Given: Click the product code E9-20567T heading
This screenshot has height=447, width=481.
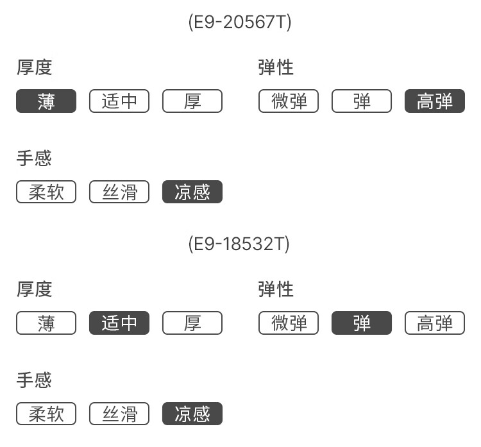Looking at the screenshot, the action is click(240, 22).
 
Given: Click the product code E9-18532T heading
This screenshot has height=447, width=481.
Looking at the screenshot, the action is click(239, 244).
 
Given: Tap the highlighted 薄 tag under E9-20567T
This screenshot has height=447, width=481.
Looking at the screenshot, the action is click(46, 101).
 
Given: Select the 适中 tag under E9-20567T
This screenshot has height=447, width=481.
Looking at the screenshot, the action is click(119, 101).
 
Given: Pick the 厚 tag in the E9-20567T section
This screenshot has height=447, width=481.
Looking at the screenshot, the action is click(192, 101).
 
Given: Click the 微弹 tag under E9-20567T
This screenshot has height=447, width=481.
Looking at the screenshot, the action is click(289, 101).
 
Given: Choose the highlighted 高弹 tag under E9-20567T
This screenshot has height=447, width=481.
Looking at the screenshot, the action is click(435, 101).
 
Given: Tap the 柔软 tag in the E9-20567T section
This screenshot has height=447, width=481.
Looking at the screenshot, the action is click(46, 192).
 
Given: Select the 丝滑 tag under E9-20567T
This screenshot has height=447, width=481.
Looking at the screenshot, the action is click(119, 192).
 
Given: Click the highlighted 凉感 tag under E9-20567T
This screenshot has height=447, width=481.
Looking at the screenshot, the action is click(192, 192).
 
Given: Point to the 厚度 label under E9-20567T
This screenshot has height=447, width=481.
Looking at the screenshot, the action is click(35, 67).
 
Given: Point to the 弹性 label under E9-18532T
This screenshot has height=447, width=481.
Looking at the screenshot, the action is click(276, 289).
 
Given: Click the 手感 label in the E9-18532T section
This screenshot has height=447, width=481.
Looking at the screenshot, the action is click(34, 380).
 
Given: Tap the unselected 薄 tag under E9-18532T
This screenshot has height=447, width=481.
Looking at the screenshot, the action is click(46, 323).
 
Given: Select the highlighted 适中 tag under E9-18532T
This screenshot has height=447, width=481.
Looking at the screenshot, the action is click(119, 323).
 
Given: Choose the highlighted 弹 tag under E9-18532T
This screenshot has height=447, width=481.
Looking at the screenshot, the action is click(362, 323).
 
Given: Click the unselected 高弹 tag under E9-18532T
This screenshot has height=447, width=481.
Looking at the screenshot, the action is click(435, 323).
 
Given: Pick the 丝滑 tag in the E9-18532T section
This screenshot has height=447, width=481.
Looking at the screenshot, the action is click(119, 414).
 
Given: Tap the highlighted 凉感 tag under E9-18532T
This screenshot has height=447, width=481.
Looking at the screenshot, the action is click(192, 414).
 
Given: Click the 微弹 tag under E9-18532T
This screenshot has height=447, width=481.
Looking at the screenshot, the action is click(289, 323).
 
